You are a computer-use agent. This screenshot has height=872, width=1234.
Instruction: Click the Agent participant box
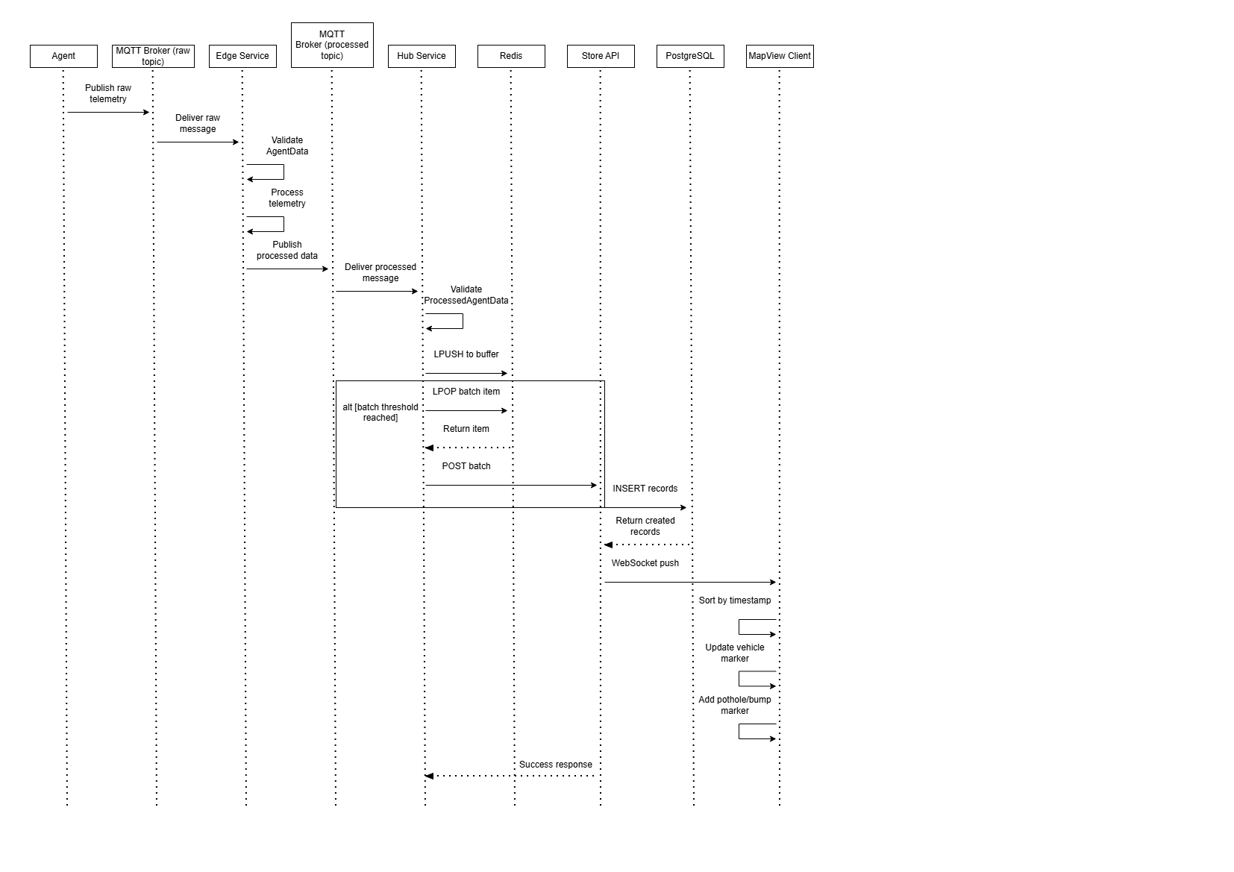[63, 56]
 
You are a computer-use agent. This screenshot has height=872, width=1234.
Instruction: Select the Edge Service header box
[242, 56]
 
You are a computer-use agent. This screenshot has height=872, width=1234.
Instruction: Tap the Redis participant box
[511, 56]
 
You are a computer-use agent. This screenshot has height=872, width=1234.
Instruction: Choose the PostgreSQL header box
[690, 56]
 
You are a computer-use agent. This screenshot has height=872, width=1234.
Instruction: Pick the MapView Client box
[780, 56]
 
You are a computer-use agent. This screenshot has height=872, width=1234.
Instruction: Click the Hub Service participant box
[422, 56]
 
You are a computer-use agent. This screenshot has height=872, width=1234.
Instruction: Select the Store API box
[601, 56]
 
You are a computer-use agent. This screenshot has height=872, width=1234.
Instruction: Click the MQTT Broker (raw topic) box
[153, 56]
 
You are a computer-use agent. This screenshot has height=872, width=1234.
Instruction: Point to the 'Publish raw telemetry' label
[108, 93]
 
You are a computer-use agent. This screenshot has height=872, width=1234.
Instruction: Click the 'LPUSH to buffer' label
[466, 354]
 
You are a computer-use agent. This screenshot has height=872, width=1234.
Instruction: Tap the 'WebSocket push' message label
[645, 563]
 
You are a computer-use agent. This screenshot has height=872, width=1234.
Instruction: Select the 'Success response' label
[556, 765]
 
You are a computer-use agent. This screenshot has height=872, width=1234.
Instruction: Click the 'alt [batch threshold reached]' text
[380, 413]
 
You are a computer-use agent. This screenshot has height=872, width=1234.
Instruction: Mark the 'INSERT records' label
[645, 489]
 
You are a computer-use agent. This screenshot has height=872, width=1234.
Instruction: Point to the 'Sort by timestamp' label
[735, 600]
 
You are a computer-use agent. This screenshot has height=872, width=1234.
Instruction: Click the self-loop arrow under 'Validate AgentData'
[283, 172]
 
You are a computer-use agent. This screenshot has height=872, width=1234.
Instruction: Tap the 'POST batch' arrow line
[511, 485]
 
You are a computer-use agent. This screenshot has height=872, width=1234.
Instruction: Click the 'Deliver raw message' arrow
[198, 142]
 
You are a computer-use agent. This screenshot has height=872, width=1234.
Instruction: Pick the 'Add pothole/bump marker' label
[735, 705]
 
